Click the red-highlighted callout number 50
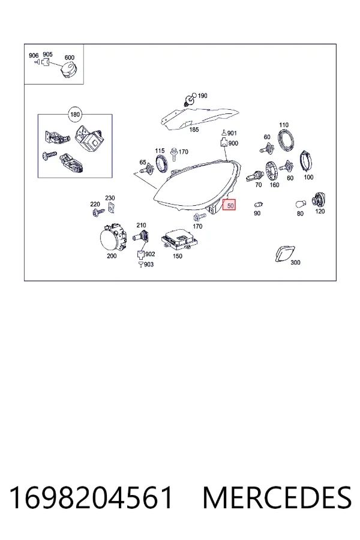229,206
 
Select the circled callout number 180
75,115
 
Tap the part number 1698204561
91,498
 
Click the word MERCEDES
277,498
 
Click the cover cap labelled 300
285,253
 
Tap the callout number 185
194,130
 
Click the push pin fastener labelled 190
189,100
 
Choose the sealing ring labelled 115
161,163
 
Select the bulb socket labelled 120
319,200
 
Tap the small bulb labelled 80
301,204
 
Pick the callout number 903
149,265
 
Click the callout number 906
34,55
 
